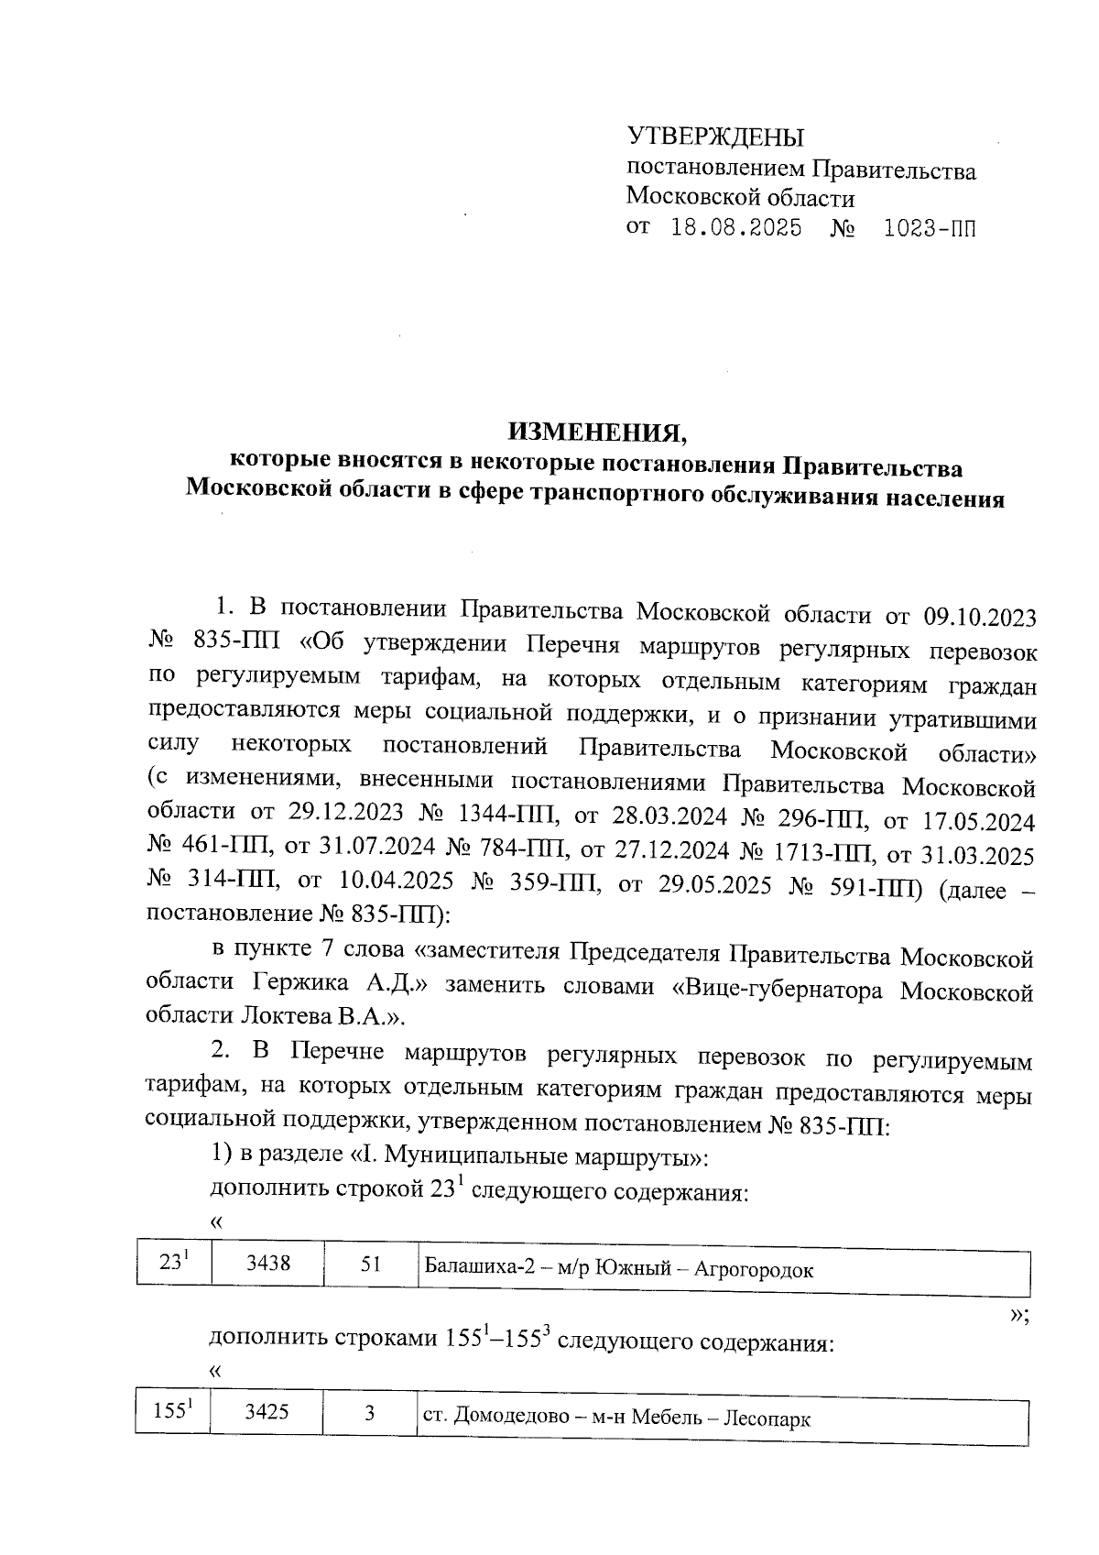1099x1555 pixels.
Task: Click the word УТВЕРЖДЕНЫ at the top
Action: coord(714,137)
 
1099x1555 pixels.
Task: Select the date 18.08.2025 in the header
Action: coord(736,228)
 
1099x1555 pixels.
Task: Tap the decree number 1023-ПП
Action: coord(930,228)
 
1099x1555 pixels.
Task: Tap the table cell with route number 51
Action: coord(370,1265)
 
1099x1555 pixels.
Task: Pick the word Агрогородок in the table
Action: coord(754,1269)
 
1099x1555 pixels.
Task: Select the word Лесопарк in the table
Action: coord(767,1419)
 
